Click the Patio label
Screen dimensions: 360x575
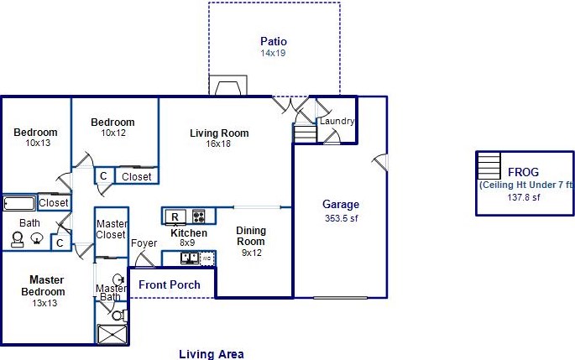pos(274,40)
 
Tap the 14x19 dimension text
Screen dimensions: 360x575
pos(274,52)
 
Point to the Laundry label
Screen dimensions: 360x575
pos(337,121)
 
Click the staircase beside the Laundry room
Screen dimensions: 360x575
pos(305,133)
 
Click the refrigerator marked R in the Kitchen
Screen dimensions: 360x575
pos(174,217)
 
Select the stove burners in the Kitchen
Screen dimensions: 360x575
pos(199,216)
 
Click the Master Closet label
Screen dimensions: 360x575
pos(111,230)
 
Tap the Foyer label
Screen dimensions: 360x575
pos(144,243)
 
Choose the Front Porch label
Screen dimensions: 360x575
pos(170,284)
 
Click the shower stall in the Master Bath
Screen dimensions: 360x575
pos(112,334)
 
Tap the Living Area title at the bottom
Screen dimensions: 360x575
pos(211,354)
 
